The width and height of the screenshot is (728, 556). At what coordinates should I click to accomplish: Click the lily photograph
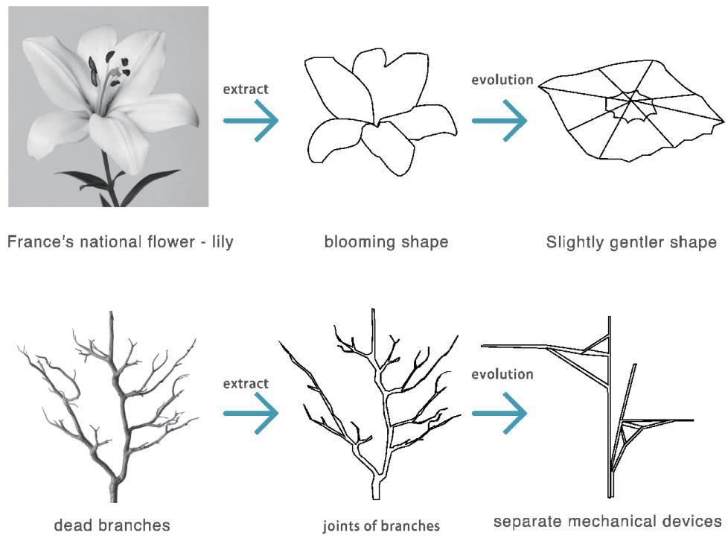[108, 106]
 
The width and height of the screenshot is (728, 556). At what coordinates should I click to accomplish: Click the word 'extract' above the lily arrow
[246, 89]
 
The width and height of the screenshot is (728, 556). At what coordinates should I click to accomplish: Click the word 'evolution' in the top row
[502, 80]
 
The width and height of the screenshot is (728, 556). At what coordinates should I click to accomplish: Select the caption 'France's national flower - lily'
[120, 242]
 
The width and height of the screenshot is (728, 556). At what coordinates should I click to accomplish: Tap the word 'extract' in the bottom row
[246, 383]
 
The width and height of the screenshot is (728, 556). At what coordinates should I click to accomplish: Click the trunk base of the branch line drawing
[376, 489]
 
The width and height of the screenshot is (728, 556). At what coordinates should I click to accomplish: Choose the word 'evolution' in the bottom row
[502, 373]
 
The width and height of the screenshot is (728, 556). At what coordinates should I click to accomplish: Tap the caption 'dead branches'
[112, 525]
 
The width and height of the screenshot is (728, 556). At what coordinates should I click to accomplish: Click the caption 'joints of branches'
[380, 526]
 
